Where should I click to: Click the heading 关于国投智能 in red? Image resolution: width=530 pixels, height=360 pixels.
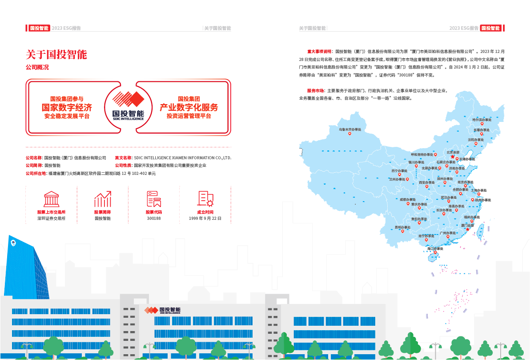[56, 55]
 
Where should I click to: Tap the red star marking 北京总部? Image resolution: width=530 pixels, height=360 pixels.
[453, 157]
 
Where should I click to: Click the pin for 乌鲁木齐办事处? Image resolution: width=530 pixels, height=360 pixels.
[350, 134]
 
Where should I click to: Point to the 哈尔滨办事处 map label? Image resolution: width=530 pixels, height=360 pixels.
[482, 120]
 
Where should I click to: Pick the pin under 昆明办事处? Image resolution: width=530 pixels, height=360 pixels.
[402, 231]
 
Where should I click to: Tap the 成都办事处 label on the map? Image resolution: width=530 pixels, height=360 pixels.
[408, 199]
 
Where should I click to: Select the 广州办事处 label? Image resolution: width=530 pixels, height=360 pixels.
[447, 233]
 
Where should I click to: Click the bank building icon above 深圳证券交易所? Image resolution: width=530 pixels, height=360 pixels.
[51, 200]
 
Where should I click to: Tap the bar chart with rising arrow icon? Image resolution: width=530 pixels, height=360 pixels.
[102, 200]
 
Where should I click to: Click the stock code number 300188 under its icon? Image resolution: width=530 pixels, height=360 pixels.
[154, 218]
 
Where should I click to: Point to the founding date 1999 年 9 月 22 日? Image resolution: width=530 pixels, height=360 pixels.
[205, 218]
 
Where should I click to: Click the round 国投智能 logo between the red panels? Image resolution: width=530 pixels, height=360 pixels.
[128, 106]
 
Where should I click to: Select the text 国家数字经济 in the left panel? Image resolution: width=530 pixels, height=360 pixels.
[67, 107]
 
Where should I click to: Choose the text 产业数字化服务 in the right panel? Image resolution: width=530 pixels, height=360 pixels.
[189, 107]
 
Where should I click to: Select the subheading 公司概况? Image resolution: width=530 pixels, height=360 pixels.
[37, 68]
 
